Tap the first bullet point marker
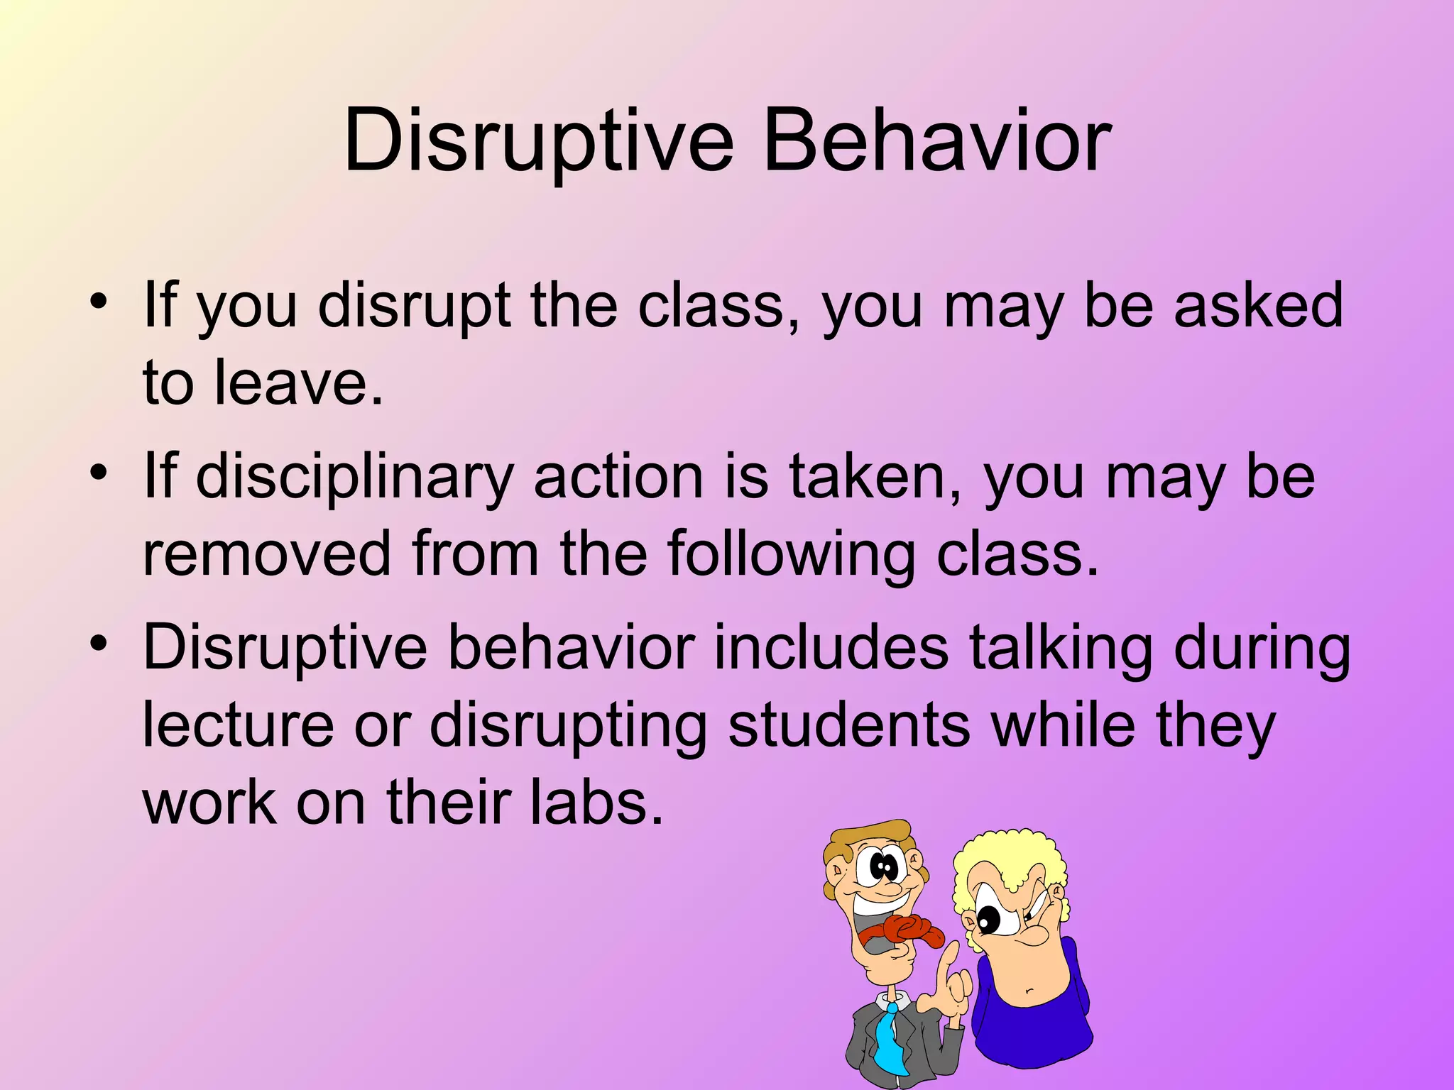click(99, 302)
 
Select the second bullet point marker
click(99, 473)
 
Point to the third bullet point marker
click(99, 644)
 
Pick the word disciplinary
click(354, 477)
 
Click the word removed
click(267, 554)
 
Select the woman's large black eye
click(988, 921)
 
